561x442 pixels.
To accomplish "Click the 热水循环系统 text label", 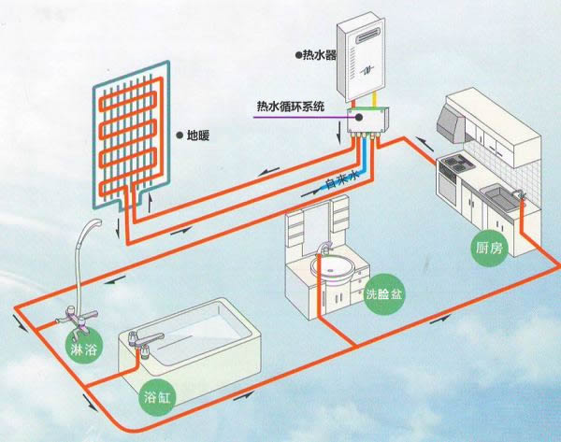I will (290, 106).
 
